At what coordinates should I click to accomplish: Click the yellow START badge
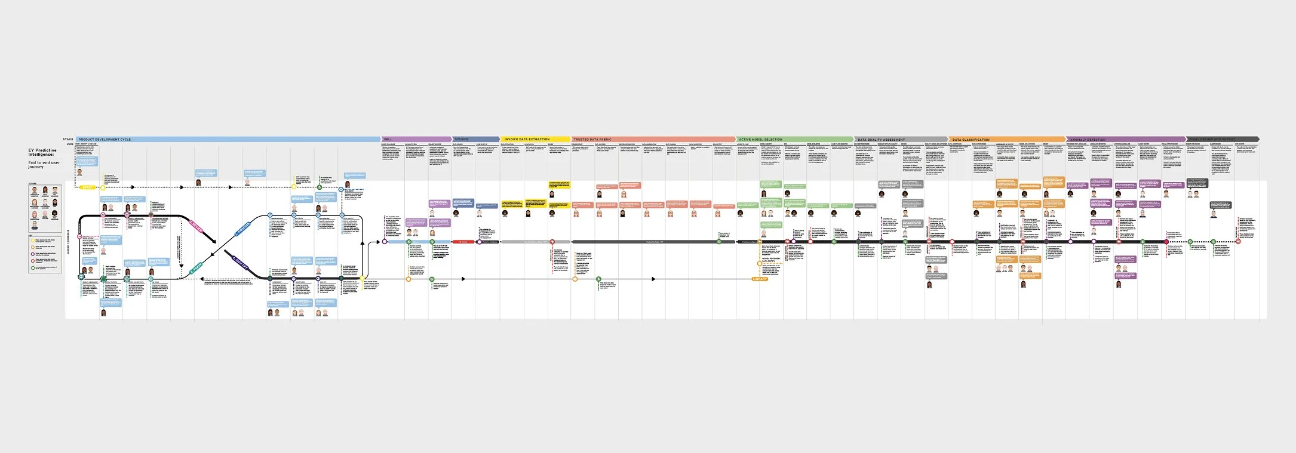point(87,187)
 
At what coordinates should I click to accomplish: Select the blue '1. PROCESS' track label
point(243,229)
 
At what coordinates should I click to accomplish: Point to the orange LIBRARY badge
point(760,279)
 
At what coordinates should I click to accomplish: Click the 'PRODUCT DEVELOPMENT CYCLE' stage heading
point(105,140)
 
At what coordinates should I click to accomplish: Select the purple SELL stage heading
point(388,140)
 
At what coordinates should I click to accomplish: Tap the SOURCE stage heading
point(462,140)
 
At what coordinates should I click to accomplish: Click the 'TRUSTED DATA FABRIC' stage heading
point(593,140)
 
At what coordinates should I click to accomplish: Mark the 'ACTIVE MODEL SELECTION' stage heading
point(760,140)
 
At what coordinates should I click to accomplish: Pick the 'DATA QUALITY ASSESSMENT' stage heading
point(881,140)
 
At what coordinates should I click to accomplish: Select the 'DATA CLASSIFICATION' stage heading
point(971,140)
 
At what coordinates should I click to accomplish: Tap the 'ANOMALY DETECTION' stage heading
point(1088,140)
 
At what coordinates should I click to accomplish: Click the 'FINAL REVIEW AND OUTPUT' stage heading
point(1211,140)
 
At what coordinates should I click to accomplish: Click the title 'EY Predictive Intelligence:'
point(42,153)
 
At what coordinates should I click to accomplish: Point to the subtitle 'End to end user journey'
point(44,164)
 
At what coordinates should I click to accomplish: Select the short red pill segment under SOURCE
point(463,242)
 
